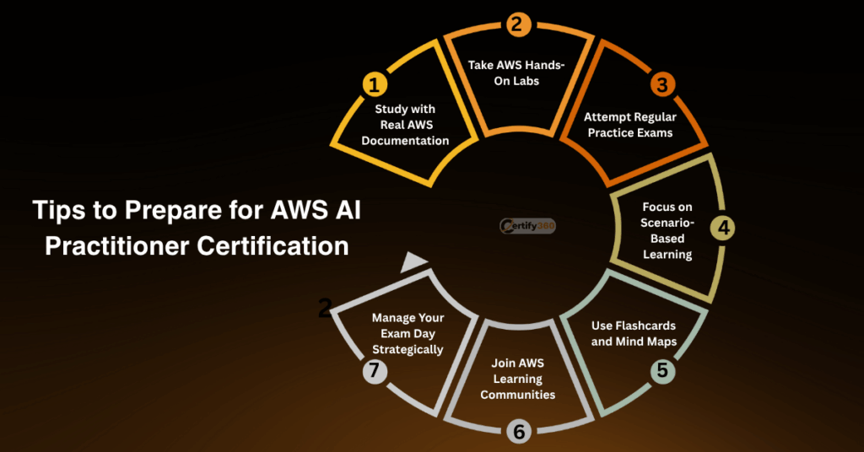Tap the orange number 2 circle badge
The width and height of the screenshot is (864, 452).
[516, 24]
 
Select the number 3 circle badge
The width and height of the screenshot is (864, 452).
[662, 85]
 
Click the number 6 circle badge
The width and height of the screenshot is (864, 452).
[517, 431]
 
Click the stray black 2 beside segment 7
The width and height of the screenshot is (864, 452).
[325, 309]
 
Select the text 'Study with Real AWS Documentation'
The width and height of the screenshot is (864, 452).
[405, 125]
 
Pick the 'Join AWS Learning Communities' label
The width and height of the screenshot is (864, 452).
[517, 379]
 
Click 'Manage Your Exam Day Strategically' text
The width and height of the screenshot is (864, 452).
[408, 333]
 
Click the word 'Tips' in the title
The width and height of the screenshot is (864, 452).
[59, 211]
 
